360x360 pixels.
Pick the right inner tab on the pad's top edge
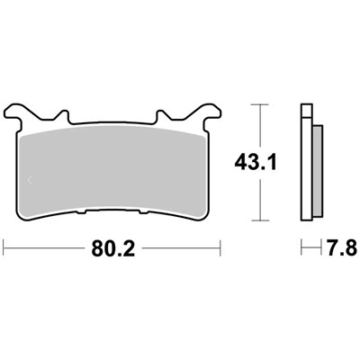click(x=161, y=117)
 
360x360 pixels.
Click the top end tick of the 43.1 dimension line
click(x=260, y=105)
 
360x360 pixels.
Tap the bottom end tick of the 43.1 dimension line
click(x=260, y=220)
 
